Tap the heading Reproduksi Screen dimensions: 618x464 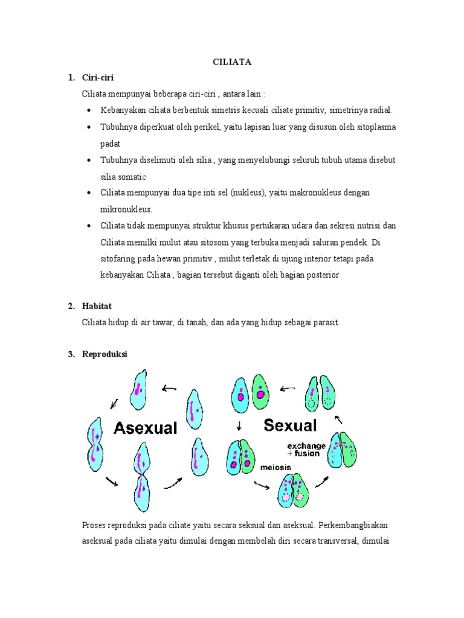point(105,354)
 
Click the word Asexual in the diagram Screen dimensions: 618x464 point(146,428)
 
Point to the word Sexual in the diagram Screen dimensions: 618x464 point(290,425)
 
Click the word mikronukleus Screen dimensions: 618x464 point(126,209)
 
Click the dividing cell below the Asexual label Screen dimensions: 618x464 point(143,476)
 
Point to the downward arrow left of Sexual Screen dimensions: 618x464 point(239,425)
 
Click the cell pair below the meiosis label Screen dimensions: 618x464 point(292,491)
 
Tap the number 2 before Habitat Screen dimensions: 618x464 point(70,307)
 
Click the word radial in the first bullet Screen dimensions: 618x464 point(380,110)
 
